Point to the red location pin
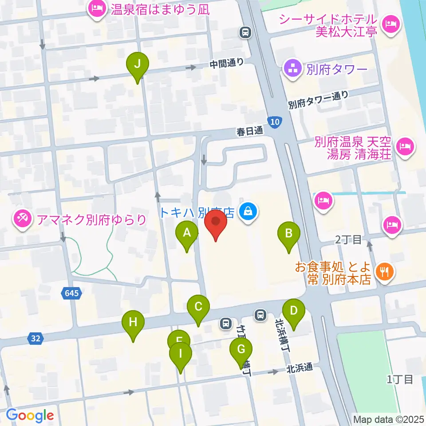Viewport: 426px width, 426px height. pyautogui.click(x=216, y=222)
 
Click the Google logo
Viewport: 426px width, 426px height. pyautogui.click(x=30, y=415)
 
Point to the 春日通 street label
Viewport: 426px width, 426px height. pyautogui.click(x=250, y=131)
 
